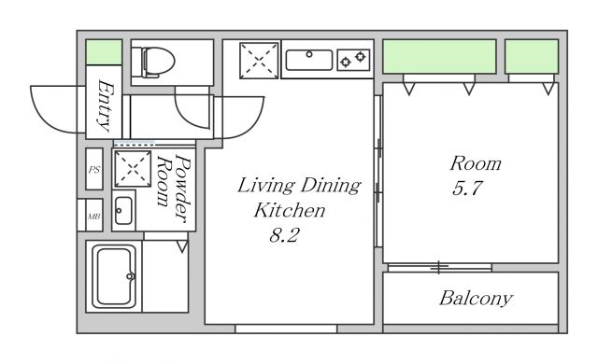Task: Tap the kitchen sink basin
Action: (x=309, y=60)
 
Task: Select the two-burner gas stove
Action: (x=353, y=60)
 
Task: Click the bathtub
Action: (x=114, y=276)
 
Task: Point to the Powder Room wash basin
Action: (x=123, y=211)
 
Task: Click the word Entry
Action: (x=105, y=105)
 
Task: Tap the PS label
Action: (x=94, y=170)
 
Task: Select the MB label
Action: (x=94, y=217)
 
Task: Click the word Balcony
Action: (x=476, y=299)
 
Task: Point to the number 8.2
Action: (x=284, y=235)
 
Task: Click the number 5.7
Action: (x=467, y=189)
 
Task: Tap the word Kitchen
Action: (x=290, y=210)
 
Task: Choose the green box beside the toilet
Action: (x=104, y=51)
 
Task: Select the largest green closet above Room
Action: (x=439, y=56)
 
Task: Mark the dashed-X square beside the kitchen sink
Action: (x=259, y=61)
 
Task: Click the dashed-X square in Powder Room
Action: (x=133, y=169)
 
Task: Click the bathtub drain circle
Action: (x=130, y=276)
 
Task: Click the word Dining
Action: (x=330, y=186)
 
